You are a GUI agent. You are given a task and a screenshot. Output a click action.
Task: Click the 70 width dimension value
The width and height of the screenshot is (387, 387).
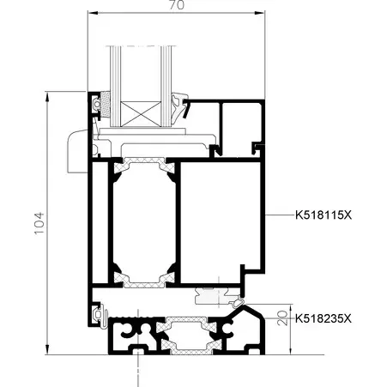pos(177,5)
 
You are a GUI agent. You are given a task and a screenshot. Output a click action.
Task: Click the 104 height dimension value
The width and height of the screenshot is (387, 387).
pos(39,223)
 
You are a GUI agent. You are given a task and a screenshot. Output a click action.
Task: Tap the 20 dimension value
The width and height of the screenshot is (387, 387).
pos(282,317)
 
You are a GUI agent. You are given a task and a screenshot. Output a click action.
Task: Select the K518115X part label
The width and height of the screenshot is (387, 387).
pos(324,215)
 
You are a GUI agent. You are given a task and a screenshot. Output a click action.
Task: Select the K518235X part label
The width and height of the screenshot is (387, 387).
pos(324,318)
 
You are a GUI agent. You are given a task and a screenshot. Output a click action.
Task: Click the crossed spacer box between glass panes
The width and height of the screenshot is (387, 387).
pos(141,114)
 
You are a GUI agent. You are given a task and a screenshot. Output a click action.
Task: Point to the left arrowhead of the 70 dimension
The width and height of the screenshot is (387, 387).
pos(93,13)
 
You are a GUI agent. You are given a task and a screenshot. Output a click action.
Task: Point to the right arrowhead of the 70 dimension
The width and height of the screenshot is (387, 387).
pos(260,13)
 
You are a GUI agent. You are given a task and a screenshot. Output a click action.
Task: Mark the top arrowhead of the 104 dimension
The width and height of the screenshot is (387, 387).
pos(47,96)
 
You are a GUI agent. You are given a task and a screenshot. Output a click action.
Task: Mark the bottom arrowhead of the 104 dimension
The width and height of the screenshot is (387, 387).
pos(47,349)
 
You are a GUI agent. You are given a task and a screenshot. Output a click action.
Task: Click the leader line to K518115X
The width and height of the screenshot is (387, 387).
pos(280,215)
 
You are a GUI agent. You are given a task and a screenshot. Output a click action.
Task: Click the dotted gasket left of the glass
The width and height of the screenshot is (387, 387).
pos(106,104)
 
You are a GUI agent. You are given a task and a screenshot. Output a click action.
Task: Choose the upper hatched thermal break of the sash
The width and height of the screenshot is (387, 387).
pos(144,166)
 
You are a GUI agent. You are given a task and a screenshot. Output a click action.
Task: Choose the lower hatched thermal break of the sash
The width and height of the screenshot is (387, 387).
pos(144,280)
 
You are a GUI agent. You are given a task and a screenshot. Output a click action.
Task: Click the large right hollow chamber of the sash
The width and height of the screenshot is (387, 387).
pos(221,221)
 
